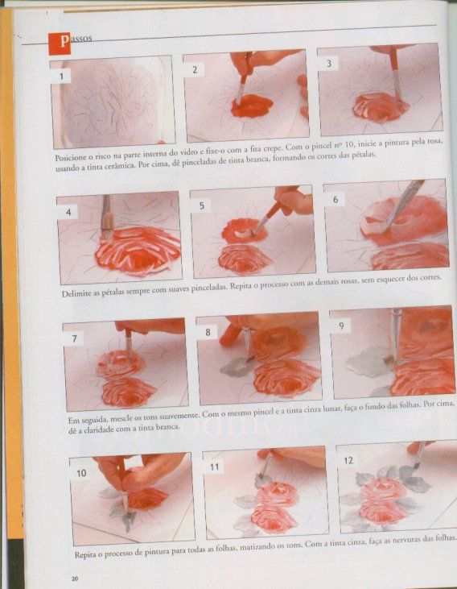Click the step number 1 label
[x=61, y=77]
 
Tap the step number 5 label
[x=201, y=205]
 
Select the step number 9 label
[x=341, y=326]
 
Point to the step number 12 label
[x=348, y=460]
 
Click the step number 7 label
[x=74, y=338]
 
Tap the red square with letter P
[x=60, y=44]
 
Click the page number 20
[x=75, y=579]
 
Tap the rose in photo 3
[x=380, y=106]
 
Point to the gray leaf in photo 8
[x=235, y=367]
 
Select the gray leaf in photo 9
[x=368, y=361]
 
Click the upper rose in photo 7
[x=121, y=363]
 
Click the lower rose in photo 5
[x=245, y=259]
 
